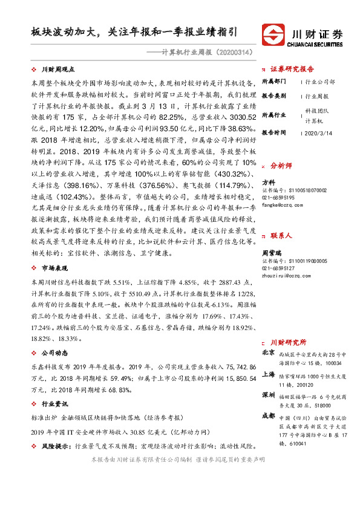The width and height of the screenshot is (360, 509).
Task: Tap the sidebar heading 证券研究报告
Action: coord(292,68)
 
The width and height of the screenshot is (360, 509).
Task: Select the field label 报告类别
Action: coord(273,96)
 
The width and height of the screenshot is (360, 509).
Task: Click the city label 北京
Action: coord(268,352)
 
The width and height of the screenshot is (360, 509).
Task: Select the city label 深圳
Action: coord(268,395)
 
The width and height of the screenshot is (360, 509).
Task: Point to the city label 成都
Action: coord(268,417)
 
